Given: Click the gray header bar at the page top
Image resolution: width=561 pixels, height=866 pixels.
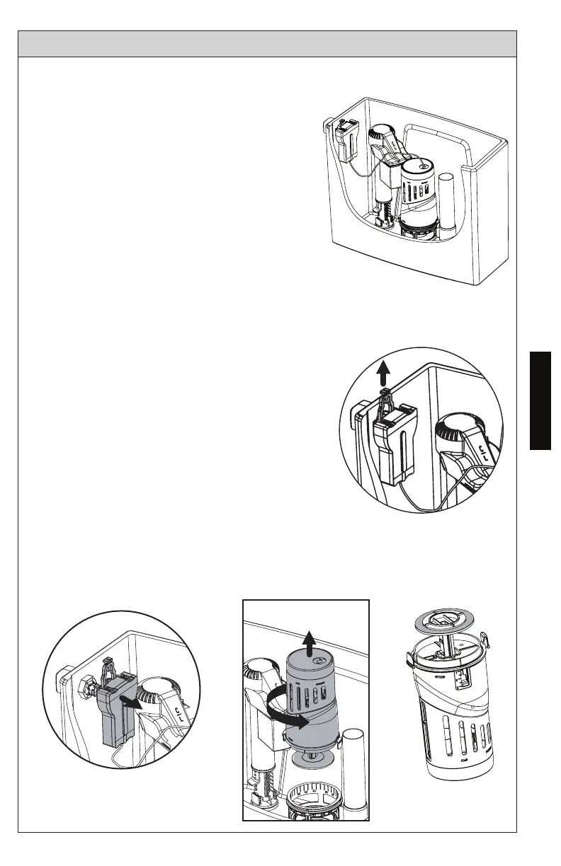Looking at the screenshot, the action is click(267, 43).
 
